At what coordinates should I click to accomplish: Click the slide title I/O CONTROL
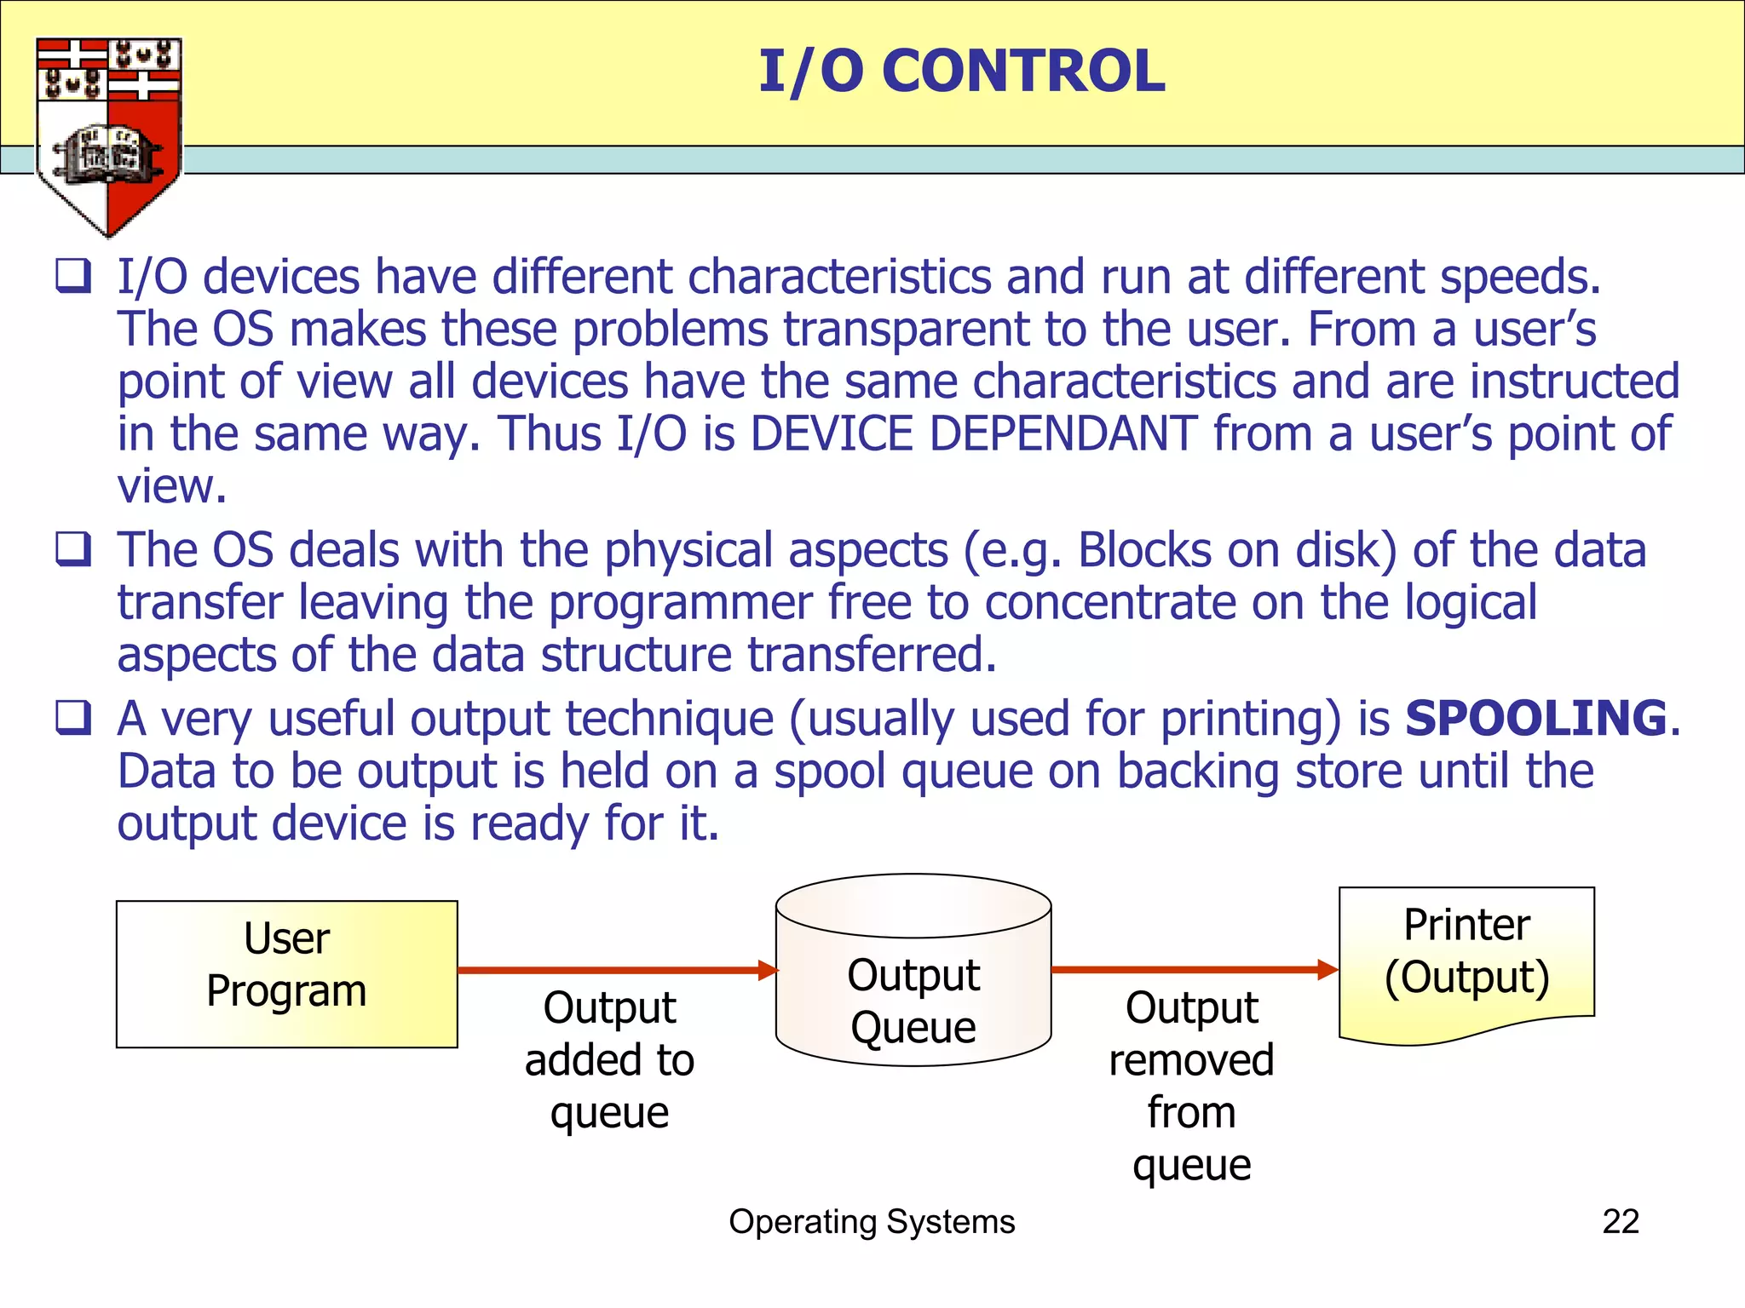click(x=961, y=72)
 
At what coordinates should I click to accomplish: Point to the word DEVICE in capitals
click(x=832, y=433)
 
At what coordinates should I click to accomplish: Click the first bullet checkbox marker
click(x=74, y=277)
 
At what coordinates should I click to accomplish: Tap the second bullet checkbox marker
click(x=74, y=549)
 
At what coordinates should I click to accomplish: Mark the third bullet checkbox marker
click(x=74, y=718)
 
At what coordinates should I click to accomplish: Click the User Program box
click(x=286, y=973)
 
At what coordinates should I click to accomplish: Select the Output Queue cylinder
click(x=913, y=971)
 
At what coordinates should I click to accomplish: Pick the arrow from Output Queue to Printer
click(x=1193, y=969)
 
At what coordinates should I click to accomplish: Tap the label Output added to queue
click(x=610, y=1060)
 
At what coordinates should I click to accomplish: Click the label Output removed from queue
click(x=1192, y=1086)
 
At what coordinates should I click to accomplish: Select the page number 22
click(x=1621, y=1221)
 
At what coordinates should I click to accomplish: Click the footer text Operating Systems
click(x=872, y=1221)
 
